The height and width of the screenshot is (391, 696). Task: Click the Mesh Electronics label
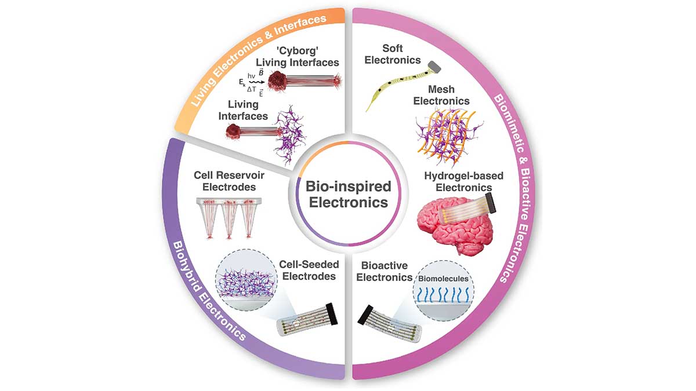pos(448,95)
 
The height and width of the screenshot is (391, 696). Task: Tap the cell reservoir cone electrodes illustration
pos(225,217)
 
